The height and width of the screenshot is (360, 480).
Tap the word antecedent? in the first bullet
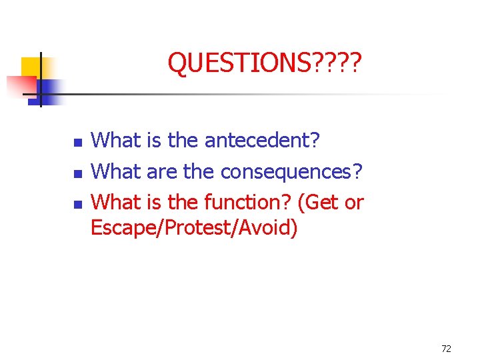pyautogui.click(x=262, y=141)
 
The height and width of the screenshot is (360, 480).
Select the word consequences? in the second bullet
pyautogui.click(x=291, y=171)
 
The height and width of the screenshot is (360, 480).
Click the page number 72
pyautogui.click(x=447, y=349)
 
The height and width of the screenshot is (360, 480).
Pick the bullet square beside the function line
pyautogui.click(x=77, y=203)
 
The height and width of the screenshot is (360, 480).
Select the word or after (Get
pyautogui.click(x=354, y=201)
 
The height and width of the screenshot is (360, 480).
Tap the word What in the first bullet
pyautogui.click(x=115, y=141)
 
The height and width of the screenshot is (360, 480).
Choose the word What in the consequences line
pyautogui.click(x=115, y=171)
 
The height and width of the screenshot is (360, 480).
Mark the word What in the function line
pyautogui.click(x=115, y=201)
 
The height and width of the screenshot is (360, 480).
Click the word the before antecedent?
pyautogui.click(x=185, y=141)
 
